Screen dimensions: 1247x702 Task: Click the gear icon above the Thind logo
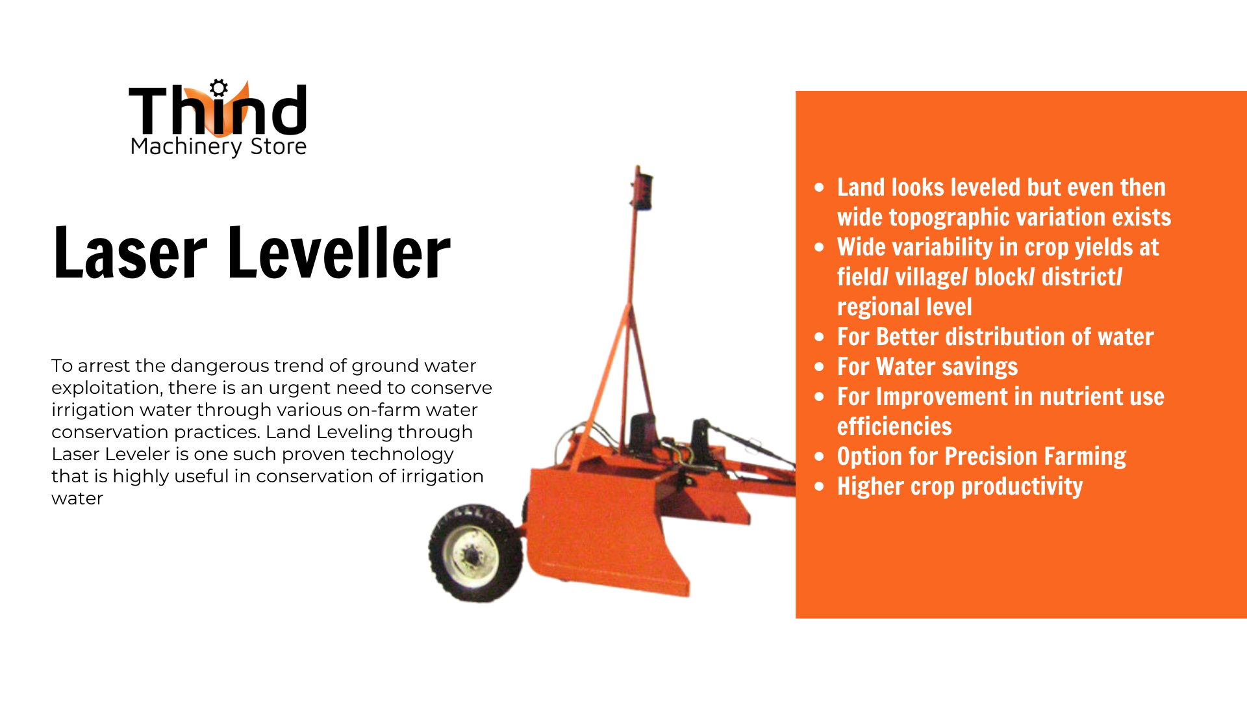point(219,88)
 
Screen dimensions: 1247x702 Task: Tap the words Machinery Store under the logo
point(218,147)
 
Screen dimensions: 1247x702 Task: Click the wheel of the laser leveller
point(475,553)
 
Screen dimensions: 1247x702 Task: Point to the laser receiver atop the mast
point(642,190)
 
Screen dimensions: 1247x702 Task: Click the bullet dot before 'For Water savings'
point(819,367)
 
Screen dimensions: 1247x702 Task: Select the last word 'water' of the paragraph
point(77,499)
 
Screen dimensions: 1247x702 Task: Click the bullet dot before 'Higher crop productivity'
point(819,487)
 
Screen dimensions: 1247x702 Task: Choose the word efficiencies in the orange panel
point(894,426)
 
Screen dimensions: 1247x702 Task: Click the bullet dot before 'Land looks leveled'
point(819,188)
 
